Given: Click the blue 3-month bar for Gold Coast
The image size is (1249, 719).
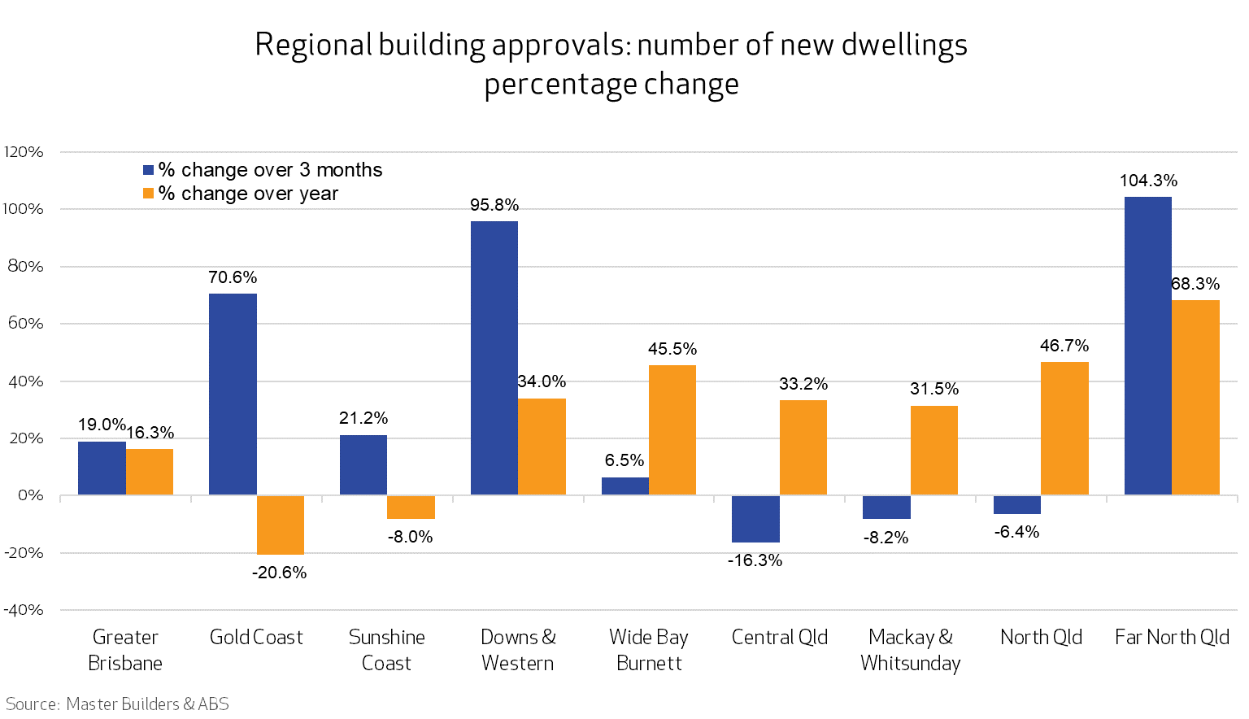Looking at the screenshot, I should tap(233, 394).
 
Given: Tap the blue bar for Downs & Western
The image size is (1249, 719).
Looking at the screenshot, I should tap(494, 358).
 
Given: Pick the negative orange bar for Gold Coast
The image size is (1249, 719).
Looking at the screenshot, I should tap(281, 525).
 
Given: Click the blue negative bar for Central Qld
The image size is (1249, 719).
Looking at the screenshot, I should tap(755, 519).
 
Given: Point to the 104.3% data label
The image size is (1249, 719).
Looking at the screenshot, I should tap(1148, 181).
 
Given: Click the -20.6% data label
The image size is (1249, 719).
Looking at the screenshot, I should tap(279, 573).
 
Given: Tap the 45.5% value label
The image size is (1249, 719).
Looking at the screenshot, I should tap(672, 349).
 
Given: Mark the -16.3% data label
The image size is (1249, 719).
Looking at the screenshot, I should tap(755, 560).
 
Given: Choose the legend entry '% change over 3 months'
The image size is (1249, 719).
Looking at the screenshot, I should tap(262, 170).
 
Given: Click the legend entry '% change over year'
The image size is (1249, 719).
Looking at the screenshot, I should tap(240, 194).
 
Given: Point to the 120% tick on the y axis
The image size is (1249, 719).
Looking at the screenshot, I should tap(24, 152).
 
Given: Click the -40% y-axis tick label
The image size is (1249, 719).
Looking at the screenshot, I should tap(24, 610).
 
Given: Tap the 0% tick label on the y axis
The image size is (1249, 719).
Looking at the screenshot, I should tap(30, 495).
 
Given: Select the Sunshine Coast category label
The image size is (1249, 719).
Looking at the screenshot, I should tap(386, 650).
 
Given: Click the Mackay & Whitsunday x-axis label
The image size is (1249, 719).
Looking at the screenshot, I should tap(910, 650).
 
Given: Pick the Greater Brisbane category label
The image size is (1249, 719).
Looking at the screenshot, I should tap(125, 650).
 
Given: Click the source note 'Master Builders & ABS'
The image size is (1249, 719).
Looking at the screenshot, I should tap(147, 704).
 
